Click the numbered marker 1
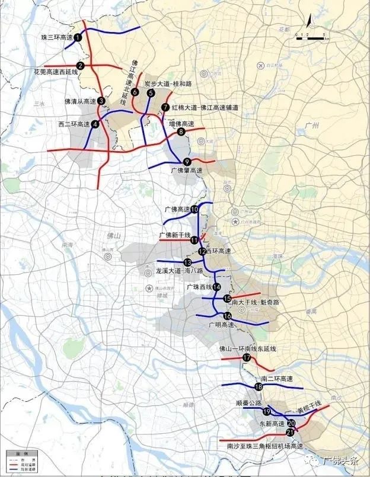click(x=78, y=37)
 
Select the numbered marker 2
click(x=80, y=66)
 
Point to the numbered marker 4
click(x=94, y=124)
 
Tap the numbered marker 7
click(x=165, y=107)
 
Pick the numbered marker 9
click(x=187, y=162)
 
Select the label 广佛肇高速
click(x=187, y=171)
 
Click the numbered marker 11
click(x=194, y=240)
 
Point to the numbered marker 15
click(x=227, y=299)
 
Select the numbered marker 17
click(x=247, y=357)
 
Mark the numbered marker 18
click(x=258, y=387)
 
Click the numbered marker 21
click(x=291, y=433)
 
